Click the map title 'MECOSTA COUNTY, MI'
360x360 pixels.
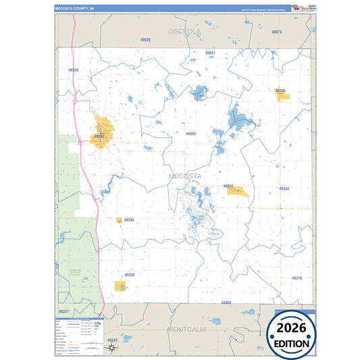point(76,9)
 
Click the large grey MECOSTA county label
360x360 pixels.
point(184,176)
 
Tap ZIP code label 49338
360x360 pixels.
point(73,70)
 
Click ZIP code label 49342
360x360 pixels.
point(191,134)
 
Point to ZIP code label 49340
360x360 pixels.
point(284,188)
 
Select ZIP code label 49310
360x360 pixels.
point(297,278)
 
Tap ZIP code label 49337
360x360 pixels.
point(63,311)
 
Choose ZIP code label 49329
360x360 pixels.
point(112,340)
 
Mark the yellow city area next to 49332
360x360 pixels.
point(238,192)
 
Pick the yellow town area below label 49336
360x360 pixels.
point(122,286)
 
